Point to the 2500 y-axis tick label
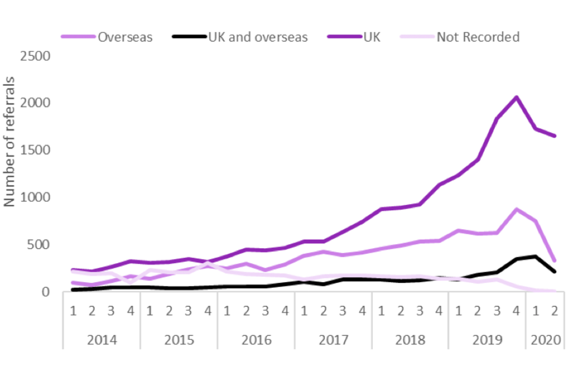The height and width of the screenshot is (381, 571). (x=35, y=56)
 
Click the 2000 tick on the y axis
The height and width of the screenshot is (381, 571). (x=35, y=103)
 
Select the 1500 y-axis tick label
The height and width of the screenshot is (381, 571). (x=35, y=150)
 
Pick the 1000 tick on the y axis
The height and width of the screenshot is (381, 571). (x=35, y=197)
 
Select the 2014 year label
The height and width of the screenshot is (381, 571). (x=102, y=340)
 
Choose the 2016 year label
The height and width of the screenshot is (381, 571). (x=256, y=340)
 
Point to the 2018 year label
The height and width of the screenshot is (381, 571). (x=410, y=340)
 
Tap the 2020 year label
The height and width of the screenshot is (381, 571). (x=545, y=340)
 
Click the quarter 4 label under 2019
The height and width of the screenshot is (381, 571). (x=516, y=310)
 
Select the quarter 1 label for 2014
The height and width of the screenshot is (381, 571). (x=73, y=310)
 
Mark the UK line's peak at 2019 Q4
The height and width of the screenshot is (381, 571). (x=516, y=97)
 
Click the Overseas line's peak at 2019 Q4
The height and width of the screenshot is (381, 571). (x=516, y=209)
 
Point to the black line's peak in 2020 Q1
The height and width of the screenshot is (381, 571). (x=536, y=257)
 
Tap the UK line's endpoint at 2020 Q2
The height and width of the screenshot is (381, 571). (x=555, y=136)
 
